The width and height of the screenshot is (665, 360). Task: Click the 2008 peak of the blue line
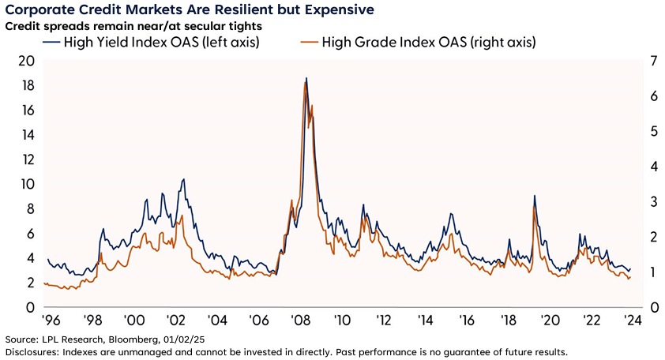pos(306,78)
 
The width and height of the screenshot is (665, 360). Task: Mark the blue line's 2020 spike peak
pos(535,196)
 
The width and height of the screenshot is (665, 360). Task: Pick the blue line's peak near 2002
pos(183,179)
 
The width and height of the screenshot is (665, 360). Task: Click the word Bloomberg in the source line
pos(126,339)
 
